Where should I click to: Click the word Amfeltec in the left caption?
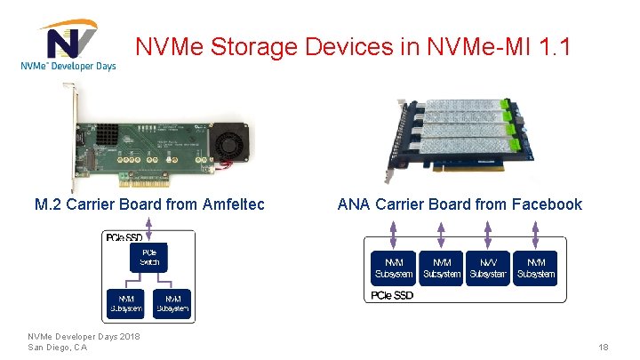(x=228, y=204)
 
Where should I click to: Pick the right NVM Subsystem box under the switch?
(x=172, y=302)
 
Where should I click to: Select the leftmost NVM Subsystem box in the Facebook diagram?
(x=393, y=268)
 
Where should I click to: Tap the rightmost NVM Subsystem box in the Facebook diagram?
(x=536, y=268)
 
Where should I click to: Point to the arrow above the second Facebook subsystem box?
(x=441, y=236)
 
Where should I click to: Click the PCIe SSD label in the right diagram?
(x=391, y=294)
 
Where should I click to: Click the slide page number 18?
(x=603, y=347)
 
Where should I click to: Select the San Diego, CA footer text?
(x=57, y=347)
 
